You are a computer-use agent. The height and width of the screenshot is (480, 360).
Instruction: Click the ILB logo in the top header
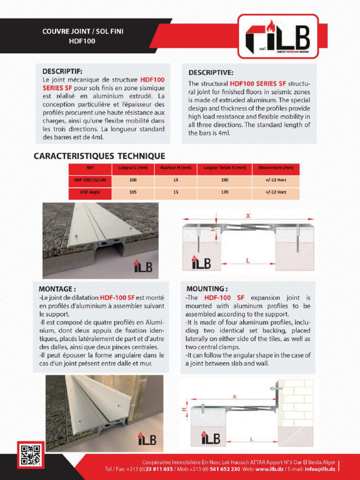[x=278, y=37]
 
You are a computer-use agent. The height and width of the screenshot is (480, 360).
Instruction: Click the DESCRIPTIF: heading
[x=62, y=71]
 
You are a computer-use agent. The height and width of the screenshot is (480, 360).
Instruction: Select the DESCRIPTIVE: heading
[x=210, y=73]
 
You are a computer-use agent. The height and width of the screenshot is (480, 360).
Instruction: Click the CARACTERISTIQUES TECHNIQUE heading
[x=99, y=156]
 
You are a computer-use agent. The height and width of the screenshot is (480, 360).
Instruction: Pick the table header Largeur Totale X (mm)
[x=225, y=168]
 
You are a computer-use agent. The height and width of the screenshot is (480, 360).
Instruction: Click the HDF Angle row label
[x=90, y=192]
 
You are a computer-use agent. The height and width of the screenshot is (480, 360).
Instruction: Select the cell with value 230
[x=225, y=180]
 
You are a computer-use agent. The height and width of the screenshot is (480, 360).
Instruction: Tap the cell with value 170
[x=225, y=192]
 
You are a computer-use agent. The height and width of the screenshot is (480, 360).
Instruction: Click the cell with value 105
[x=133, y=192]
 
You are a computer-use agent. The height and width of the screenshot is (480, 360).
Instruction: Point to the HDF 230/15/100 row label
[x=90, y=180]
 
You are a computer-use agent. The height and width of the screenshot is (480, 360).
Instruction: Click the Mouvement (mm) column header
[x=276, y=168]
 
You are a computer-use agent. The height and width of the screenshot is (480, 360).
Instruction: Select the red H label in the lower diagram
[x=183, y=409]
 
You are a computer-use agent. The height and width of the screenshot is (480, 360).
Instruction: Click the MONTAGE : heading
[x=57, y=289]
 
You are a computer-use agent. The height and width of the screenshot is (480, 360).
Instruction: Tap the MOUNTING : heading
[x=207, y=289]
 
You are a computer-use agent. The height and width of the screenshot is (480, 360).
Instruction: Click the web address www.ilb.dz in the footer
[x=269, y=469]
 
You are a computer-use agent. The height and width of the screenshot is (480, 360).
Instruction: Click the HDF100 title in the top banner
[x=82, y=41]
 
